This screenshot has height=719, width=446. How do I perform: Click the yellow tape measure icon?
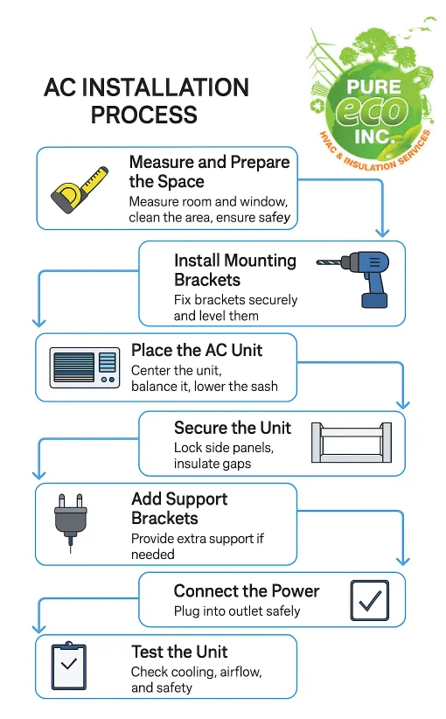pos(80,189)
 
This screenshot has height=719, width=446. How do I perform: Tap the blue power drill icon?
pos(353,278)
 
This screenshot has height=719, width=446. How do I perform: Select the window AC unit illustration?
pos(84,367)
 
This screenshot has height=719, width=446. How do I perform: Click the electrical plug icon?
pos(71,522)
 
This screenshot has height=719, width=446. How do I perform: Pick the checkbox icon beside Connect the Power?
pos(369,600)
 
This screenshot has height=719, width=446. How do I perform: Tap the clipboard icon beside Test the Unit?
pos(69,665)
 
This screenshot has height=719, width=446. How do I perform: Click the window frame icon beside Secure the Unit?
pos(352,442)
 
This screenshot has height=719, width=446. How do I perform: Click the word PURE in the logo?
pos(373,87)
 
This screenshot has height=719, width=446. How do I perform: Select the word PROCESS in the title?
pos(144,115)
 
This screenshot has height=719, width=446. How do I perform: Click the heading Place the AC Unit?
pos(197,351)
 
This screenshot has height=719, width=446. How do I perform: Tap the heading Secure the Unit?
pos(233,428)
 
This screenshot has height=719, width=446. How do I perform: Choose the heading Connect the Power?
pos(247,591)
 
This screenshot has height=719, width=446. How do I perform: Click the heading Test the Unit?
pos(179,652)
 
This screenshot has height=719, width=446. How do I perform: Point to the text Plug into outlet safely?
pos(237,611)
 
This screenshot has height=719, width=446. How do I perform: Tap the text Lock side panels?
pos(224,448)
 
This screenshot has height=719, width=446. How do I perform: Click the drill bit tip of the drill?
pos(317,262)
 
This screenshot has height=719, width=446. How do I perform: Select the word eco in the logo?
pos(372,111)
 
